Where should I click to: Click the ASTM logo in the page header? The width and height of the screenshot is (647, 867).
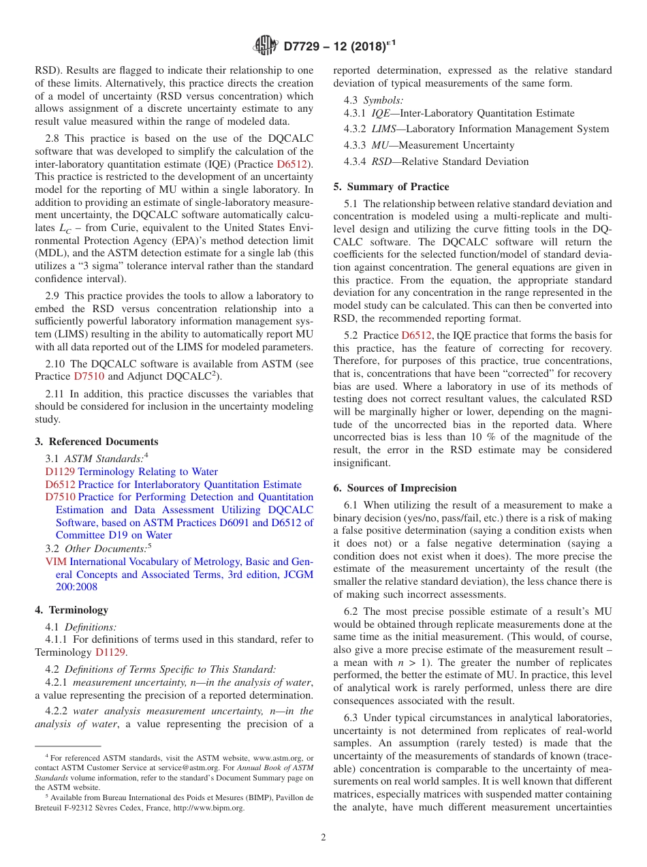click(x=265, y=46)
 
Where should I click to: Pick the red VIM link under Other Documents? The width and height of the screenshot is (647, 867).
click(x=55, y=562)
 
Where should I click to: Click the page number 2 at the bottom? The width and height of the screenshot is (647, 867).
click(x=323, y=837)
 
